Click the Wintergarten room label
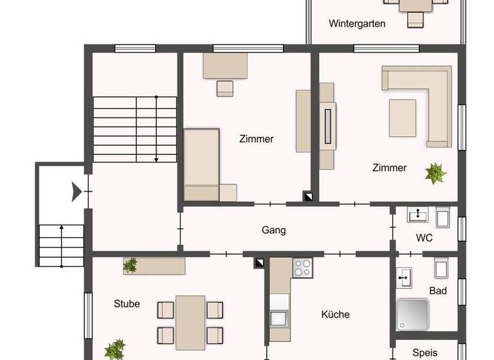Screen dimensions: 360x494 coord(357,24)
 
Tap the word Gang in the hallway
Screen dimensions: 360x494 coord(273,230)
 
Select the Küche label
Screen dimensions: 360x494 coord(335,314)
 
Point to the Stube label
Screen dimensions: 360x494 coord(127,303)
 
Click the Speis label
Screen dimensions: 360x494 coord(425,352)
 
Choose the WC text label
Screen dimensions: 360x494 coord(424,238)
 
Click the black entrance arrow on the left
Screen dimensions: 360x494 coord(77,192)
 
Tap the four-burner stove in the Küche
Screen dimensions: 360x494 coord(302,267)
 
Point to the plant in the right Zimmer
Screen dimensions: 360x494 coord(435,172)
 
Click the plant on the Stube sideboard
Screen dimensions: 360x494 coord(131,264)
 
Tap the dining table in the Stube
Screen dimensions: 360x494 coord(190,322)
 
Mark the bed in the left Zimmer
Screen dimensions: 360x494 coord(201,165)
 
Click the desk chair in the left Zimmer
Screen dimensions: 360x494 coord(224,88)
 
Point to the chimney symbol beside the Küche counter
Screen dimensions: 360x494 coord(259,262)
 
